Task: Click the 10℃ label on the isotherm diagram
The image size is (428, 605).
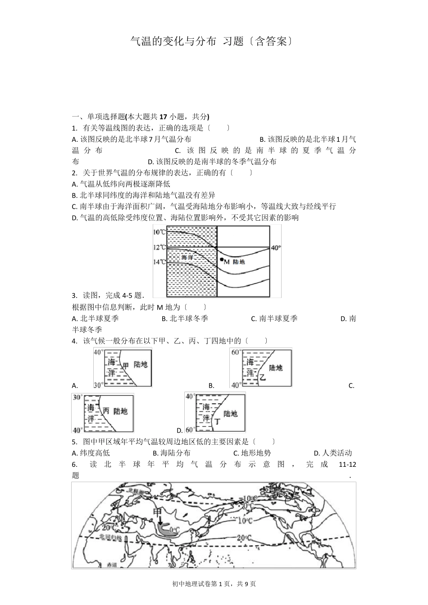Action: [159, 232]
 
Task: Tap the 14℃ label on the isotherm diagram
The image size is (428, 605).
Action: [159, 262]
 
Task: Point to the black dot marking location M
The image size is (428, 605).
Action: [221, 260]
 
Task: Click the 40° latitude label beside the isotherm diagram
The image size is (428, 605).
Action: [275, 248]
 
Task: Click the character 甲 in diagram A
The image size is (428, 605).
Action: [126, 365]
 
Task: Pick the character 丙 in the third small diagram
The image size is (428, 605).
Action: [106, 411]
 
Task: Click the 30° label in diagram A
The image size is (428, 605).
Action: [99, 384]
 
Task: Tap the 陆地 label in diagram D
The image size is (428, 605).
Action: [230, 413]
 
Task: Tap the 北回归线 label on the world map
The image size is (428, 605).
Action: [111, 538]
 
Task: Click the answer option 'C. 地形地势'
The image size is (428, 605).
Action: [252, 453]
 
